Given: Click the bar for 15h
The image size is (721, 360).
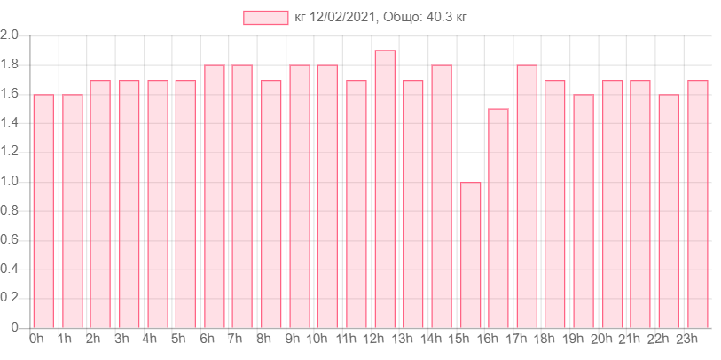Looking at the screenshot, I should pyautogui.click(x=470, y=254).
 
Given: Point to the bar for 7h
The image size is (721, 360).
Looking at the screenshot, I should pyautogui.click(x=242, y=196).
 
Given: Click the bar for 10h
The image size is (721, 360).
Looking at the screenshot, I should pyautogui.click(x=327, y=196).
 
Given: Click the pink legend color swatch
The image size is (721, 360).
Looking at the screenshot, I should pyautogui.click(x=265, y=18).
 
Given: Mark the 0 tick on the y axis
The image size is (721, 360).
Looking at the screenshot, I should pyautogui.click(x=14, y=328).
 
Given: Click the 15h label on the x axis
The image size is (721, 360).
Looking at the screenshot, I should pyautogui.click(x=458, y=339).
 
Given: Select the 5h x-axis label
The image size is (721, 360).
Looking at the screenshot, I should pyautogui.click(x=177, y=339).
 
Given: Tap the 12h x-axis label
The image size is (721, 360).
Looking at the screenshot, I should pyautogui.click(x=373, y=339).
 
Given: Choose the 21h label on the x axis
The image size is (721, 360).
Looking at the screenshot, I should pyautogui.click(x=630, y=339).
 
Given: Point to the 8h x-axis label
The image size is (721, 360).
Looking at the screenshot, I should pyautogui.click(x=263, y=339).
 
